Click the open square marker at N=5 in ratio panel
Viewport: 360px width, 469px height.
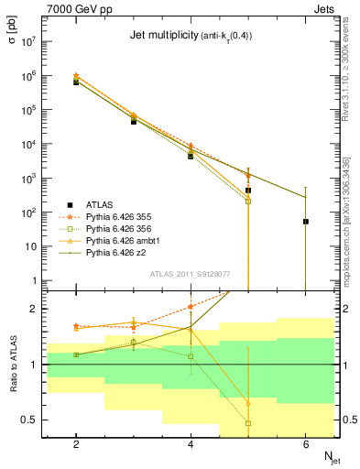248,423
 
